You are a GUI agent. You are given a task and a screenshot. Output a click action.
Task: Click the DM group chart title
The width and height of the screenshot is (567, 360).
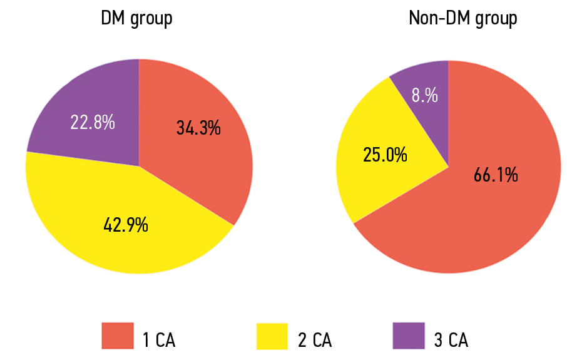pos(136,19)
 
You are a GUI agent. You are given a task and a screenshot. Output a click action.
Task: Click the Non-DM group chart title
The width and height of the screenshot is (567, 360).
pos(462,19)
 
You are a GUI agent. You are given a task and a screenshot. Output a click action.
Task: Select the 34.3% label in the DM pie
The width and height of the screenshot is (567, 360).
pos(198,129)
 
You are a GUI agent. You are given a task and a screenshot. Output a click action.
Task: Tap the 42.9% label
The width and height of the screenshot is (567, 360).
pos(126,224)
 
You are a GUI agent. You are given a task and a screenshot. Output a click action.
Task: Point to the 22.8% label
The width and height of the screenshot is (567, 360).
pos(93,122)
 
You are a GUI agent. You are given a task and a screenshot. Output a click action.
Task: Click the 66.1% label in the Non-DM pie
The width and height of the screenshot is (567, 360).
pos(496,175)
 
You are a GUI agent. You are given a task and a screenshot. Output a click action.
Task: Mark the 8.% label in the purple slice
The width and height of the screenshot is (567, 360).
pos(424,96)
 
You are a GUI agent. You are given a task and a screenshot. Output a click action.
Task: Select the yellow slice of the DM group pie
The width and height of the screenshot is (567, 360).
pos(94,200)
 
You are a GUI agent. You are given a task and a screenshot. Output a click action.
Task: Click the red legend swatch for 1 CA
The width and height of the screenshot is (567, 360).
pos(118,336)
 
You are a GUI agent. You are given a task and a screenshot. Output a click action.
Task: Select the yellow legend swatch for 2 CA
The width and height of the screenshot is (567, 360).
pos(272,336)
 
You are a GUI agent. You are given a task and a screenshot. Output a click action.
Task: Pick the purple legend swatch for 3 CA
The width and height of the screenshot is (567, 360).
pos(408,336)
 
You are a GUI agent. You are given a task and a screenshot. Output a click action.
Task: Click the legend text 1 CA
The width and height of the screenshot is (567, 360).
pos(159,340)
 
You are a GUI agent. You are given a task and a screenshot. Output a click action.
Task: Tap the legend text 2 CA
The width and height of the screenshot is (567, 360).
pos(314,340)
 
